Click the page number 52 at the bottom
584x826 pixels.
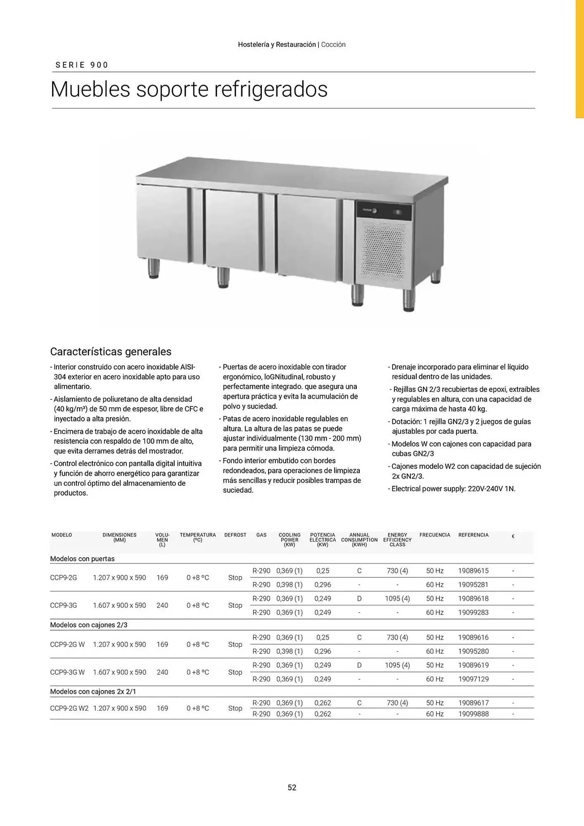coord(292,787)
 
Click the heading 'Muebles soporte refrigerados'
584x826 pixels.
coord(189,89)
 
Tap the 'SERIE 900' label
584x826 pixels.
coord(82,65)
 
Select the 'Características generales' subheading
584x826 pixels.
coord(111,351)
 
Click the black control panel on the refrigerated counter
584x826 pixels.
coord(384,211)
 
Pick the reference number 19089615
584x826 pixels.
coord(473,571)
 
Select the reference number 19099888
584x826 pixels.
coord(473,714)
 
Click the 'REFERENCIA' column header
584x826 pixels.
coord(473,535)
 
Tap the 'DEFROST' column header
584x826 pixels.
coord(235,535)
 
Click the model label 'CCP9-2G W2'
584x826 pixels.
coord(69,708)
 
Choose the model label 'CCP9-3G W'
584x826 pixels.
coord(67,672)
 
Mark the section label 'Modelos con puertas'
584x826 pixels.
coord(82,559)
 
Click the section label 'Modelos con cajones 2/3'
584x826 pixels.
coord(88,625)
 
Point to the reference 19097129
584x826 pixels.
coord(473,679)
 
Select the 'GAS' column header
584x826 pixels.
coord(261,535)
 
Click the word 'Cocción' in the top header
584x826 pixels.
coord(333,45)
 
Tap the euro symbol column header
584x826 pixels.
coord(513,536)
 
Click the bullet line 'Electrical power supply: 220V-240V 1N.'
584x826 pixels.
coord(453,489)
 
